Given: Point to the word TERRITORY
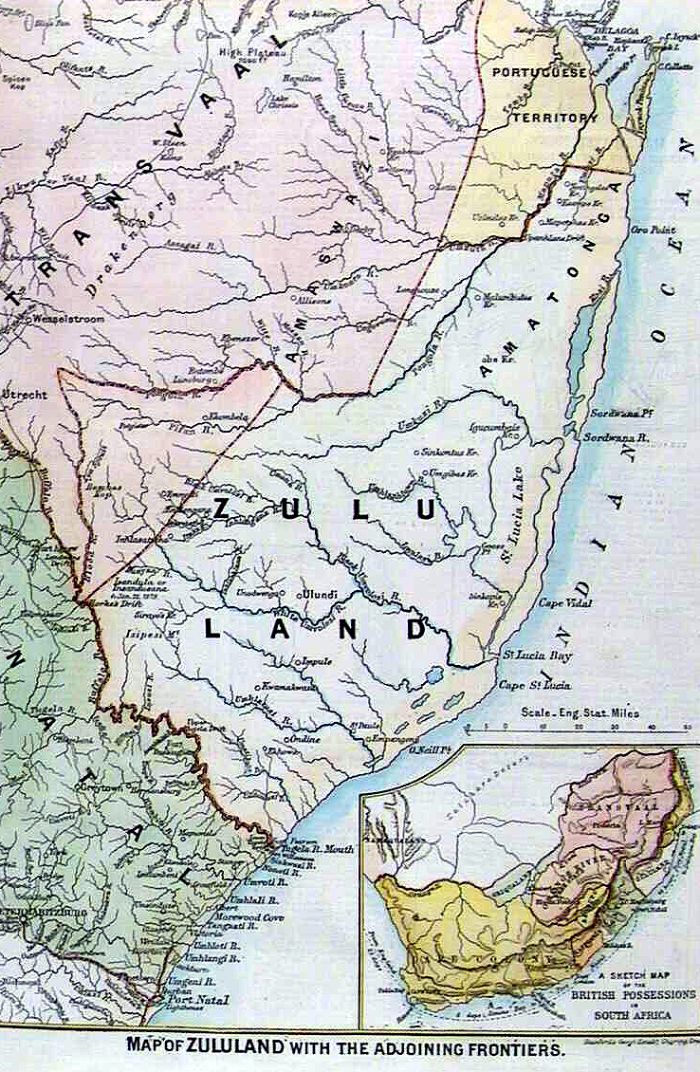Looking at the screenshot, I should pos(557,118).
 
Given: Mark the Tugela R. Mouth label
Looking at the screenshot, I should pos(317,848).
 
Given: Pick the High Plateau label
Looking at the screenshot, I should pos(236,53).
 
